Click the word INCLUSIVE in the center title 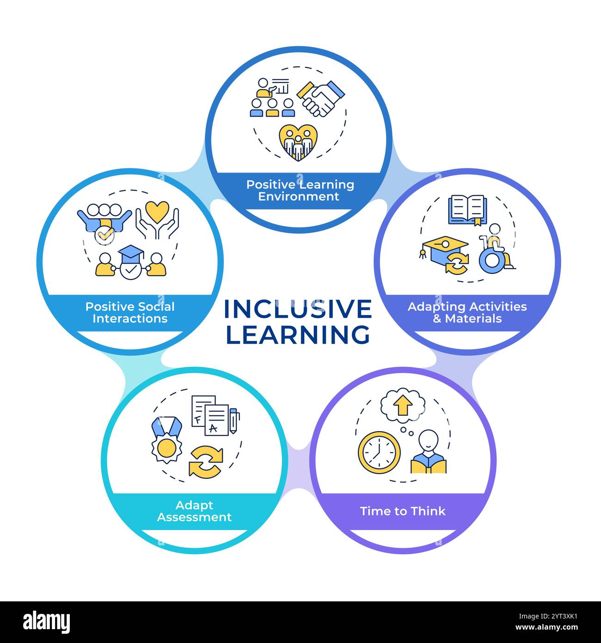(x=298, y=309)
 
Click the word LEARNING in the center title (x=298, y=334)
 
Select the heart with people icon (x=298, y=142)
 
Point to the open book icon (x=466, y=209)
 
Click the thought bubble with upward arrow (x=403, y=404)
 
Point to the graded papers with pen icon (x=215, y=414)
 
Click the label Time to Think (x=403, y=511)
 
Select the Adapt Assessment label (x=194, y=511)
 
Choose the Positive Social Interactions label (x=130, y=312)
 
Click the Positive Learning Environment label (x=300, y=190)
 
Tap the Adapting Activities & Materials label (x=467, y=312)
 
